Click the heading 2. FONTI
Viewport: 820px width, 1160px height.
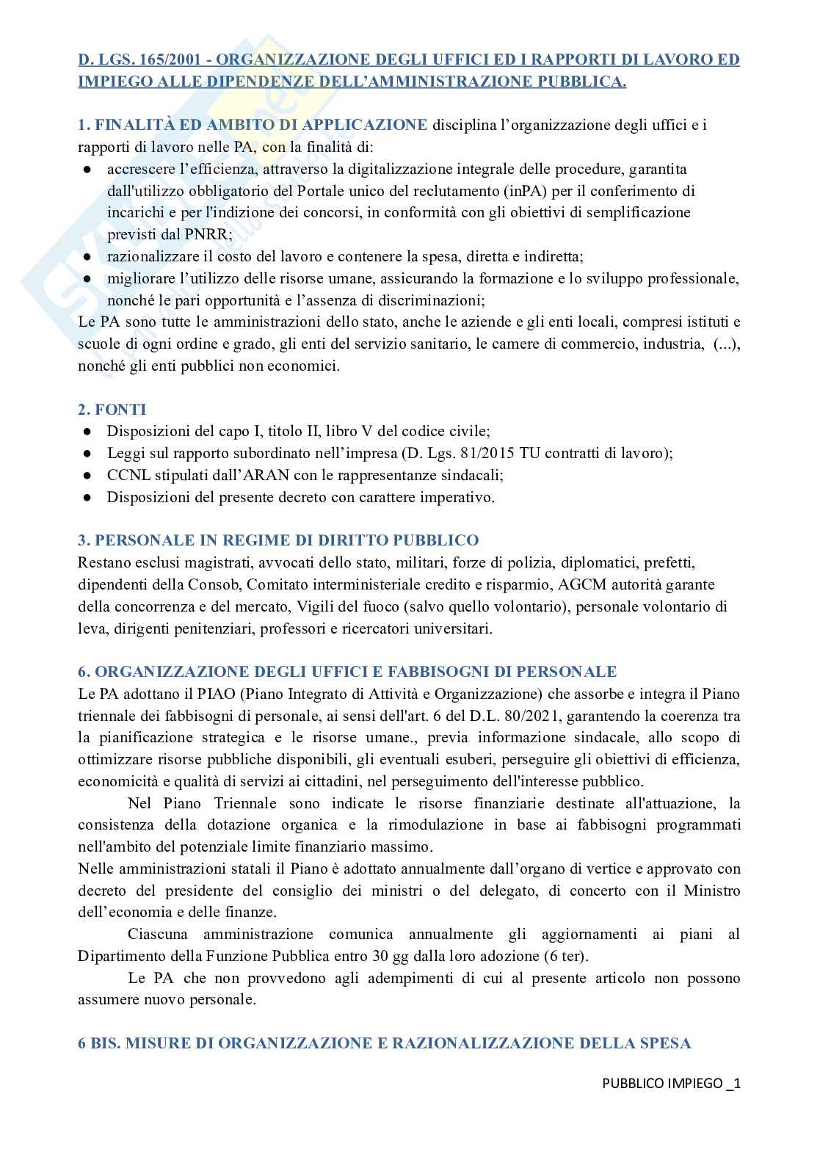[112, 409]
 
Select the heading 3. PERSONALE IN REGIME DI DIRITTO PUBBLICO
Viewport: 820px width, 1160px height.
[278, 540]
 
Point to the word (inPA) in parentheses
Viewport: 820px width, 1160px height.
[529, 191]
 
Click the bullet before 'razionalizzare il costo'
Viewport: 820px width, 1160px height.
[87, 257]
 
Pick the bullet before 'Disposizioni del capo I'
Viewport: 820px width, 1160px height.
[87, 431]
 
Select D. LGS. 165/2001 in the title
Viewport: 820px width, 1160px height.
[142, 59]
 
